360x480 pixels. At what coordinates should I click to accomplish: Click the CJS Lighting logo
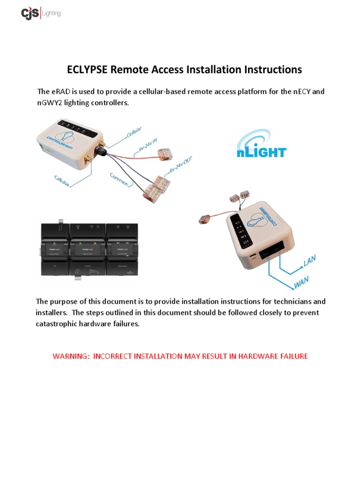(x=41, y=13)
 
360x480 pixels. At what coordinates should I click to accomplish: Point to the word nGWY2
(x=52, y=103)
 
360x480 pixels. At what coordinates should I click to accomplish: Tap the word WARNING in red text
(x=71, y=356)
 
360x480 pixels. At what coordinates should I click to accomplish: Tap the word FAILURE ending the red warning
(x=291, y=356)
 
